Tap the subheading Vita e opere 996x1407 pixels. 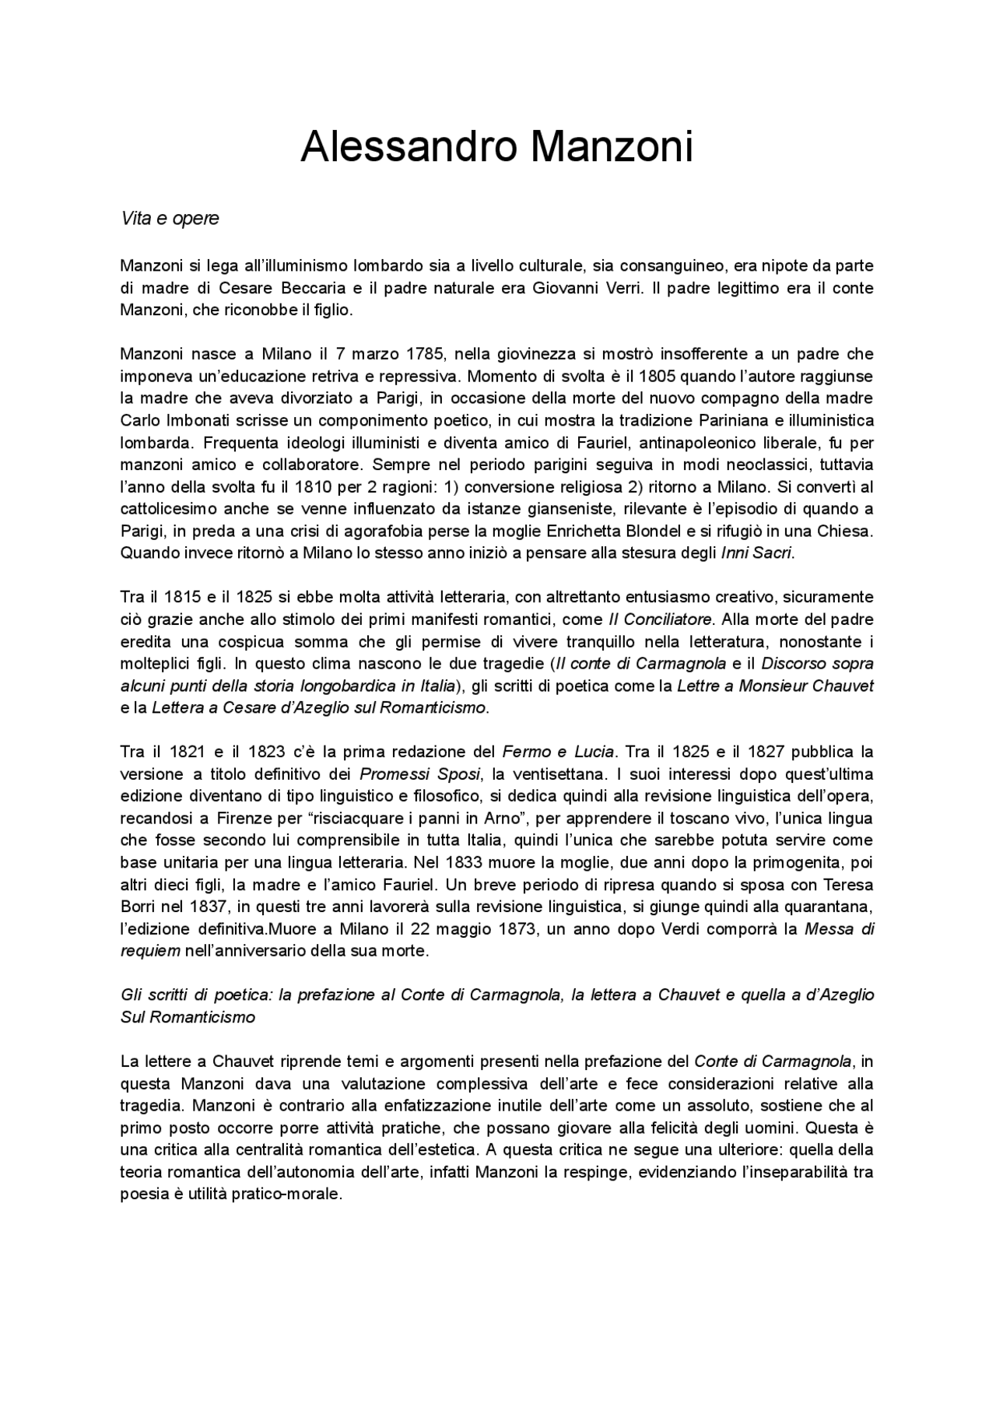(x=170, y=219)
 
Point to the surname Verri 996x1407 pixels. (x=622, y=288)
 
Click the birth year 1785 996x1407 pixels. (x=425, y=354)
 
